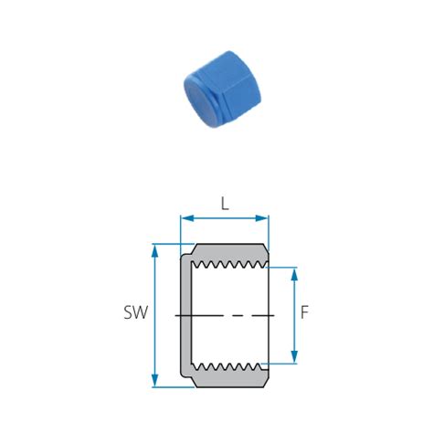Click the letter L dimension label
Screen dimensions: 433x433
tap(225, 205)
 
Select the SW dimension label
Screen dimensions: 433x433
tap(135, 313)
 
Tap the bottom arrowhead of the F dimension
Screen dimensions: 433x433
tap(294, 357)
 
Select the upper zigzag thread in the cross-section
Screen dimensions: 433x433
tap(232, 266)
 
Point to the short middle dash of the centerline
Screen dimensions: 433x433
tap(236, 315)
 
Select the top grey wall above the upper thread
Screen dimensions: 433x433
tap(232, 252)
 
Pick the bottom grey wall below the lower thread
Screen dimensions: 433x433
tap(232, 377)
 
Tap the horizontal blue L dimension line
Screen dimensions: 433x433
tap(225, 218)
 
